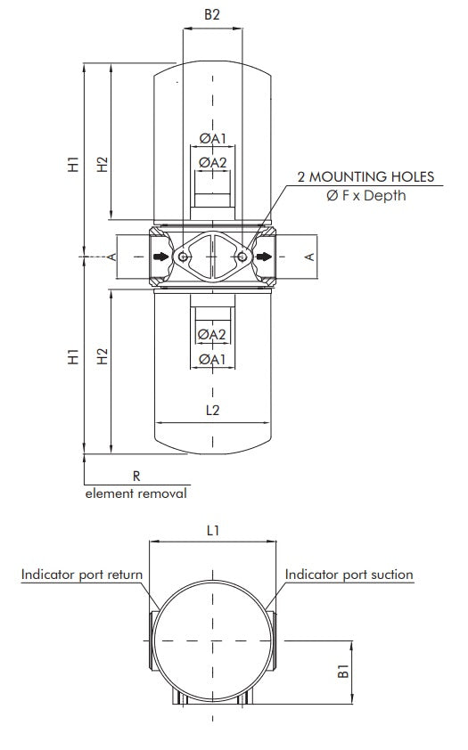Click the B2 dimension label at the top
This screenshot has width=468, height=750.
pos(212,14)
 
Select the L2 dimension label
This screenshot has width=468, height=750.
pos(212,411)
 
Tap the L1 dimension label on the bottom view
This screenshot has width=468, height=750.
pos(213,530)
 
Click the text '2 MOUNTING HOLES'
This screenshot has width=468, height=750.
pos(365,176)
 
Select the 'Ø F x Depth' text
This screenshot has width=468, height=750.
pos(365,195)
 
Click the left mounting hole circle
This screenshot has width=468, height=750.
pos(183,257)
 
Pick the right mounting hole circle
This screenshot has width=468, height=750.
pos(242,257)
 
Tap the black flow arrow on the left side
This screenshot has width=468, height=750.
pos(160,257)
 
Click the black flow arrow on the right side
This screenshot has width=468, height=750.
pos(266,257)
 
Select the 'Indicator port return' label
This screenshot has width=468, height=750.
pos(82,575)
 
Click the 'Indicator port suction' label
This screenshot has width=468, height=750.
pos(349,575)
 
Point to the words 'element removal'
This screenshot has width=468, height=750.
pos(135,493)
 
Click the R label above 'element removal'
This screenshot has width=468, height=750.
pos(136,477)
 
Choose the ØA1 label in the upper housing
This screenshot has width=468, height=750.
pos(213,138)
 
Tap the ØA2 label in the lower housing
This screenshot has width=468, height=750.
pos(212,334)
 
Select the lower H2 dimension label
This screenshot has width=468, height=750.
pos(103,356)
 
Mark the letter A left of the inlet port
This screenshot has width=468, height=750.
pos(112,257)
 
